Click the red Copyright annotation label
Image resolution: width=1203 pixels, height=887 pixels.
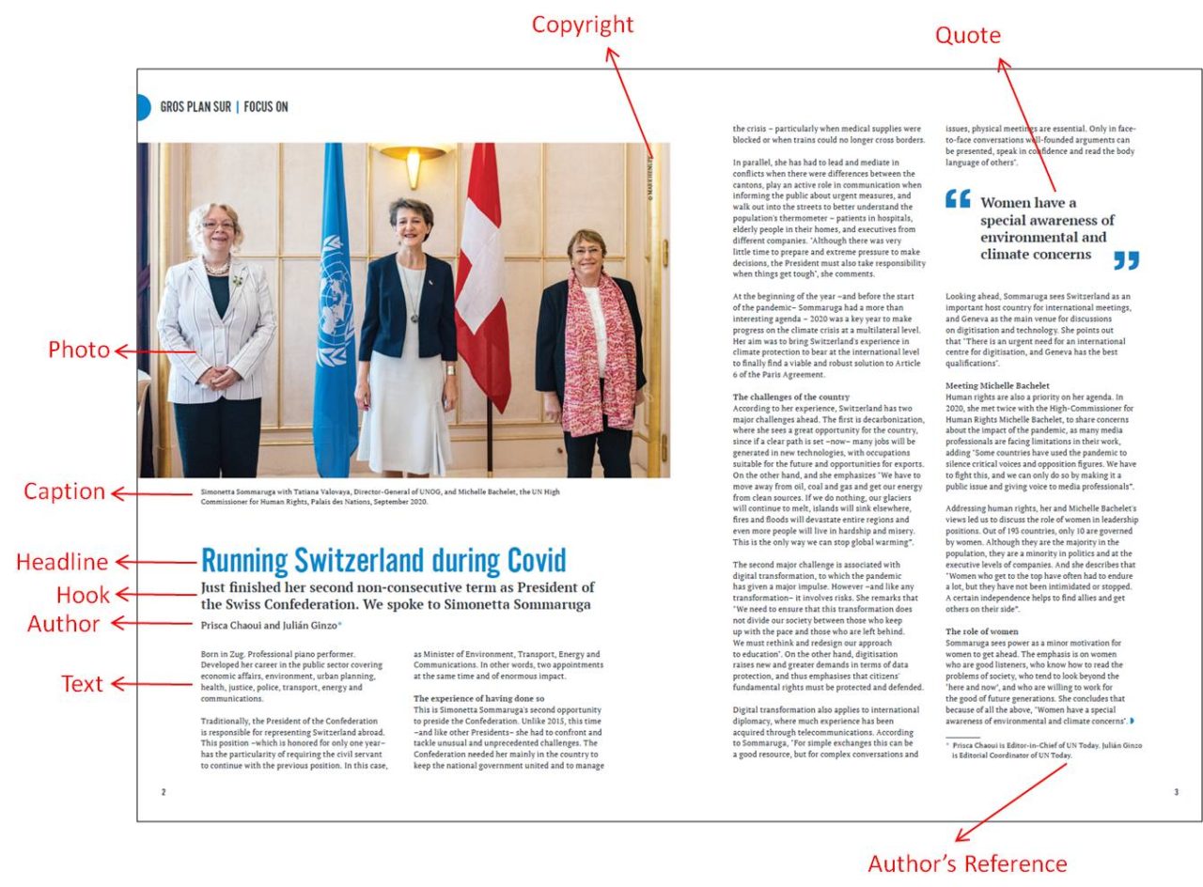[583, 24]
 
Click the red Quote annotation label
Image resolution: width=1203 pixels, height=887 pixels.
[967, 36]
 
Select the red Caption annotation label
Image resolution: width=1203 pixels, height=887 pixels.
[64, 491]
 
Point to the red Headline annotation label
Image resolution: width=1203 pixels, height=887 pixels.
[62, 562]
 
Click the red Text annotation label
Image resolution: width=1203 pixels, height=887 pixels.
[82, 684]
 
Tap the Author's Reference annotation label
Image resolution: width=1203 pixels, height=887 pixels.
[966, 864]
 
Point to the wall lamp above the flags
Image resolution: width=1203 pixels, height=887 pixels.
[413, 160]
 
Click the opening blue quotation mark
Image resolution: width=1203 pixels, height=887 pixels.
[958, 199]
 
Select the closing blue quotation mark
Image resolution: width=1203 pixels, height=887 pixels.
[1125, 260]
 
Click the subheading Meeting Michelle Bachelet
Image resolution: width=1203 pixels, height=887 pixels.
[997, 385]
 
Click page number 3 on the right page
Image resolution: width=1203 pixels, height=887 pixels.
[1175, 792]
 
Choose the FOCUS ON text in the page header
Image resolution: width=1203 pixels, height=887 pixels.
[266, 107]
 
